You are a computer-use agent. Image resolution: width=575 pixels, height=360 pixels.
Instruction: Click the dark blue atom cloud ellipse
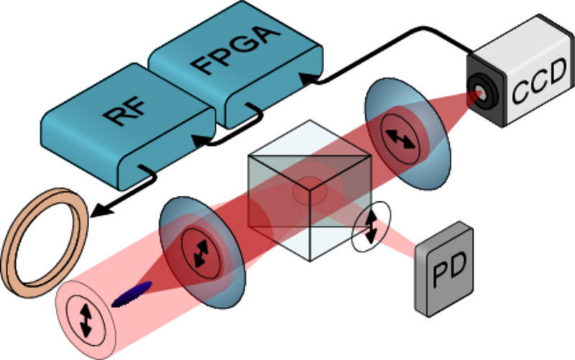click(133, 293)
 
